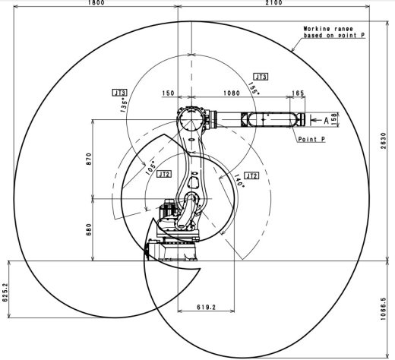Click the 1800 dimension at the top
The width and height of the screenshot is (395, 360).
(x=95, y=4)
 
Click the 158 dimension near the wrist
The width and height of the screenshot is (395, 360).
(x=333, y=118)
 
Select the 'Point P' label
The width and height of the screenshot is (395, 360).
(x=311, y=140)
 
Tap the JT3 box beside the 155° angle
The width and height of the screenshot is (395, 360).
(x=261, y=77)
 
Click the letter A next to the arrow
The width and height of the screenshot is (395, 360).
(x=325, y=119)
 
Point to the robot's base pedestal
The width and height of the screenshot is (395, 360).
(x=173, y=246)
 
